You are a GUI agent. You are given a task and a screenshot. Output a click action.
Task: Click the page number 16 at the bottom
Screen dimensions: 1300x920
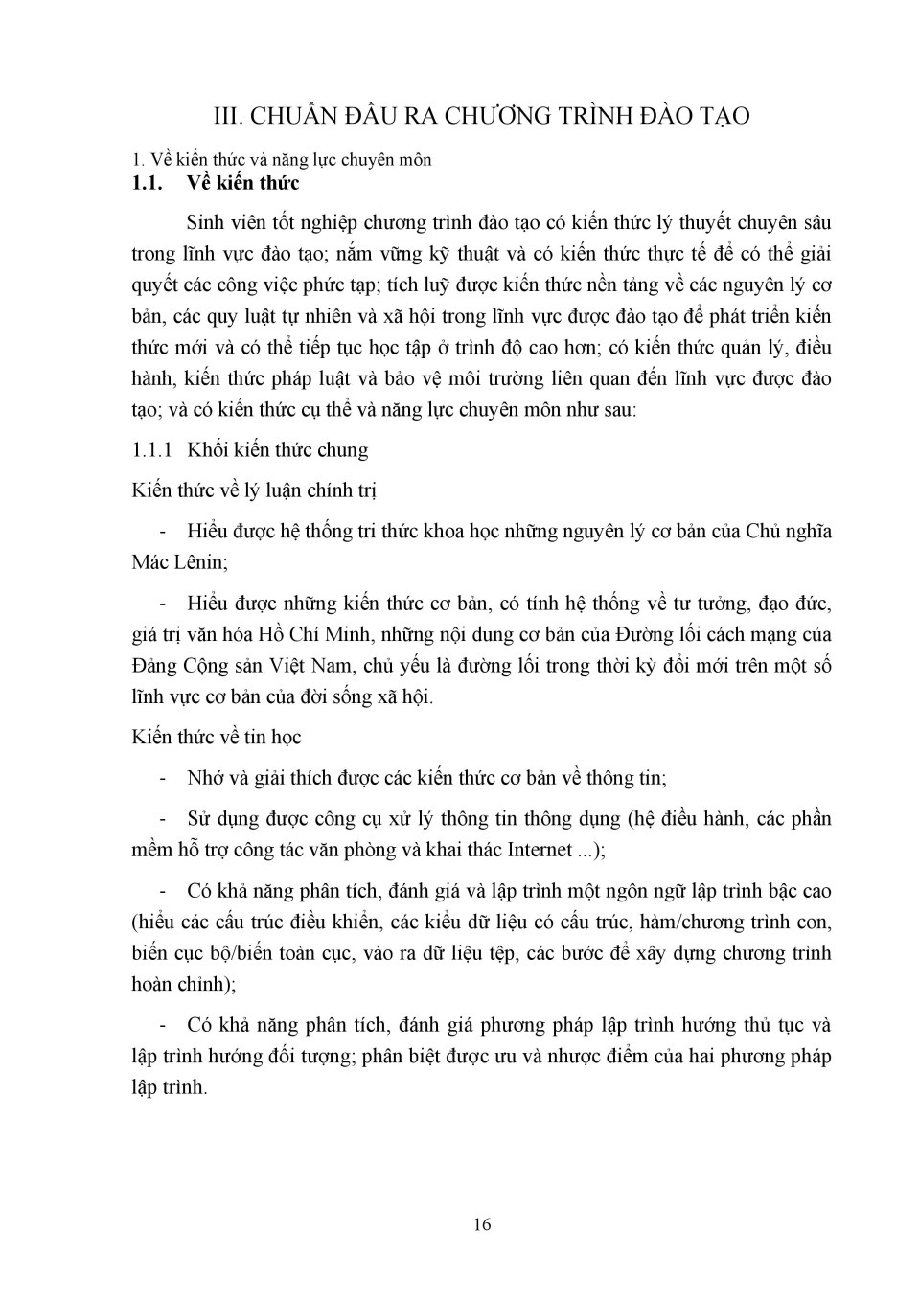pyautogui.click(x=482, y=1224)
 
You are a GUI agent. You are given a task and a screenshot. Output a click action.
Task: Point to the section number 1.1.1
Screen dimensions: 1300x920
pyautogui.click(x=150, y=449)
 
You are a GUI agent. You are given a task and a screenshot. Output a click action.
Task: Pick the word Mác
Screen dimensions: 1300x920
pyautogui.click(x=149, y=562)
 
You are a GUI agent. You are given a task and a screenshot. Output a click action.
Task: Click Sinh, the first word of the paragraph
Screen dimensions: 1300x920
pyautogui.click(x=206, y=222)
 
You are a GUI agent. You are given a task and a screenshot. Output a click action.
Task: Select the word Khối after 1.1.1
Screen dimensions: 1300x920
pyautogui.click(x=208, y=449)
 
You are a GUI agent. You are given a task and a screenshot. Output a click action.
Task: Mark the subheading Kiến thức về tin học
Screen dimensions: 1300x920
pyautogui.click(x=217, y=737)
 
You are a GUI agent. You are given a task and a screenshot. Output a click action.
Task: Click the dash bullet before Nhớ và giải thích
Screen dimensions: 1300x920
pyautogui.click(x=164, y=778)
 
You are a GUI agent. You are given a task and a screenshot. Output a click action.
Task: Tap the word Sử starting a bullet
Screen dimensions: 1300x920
pyautogui.click(x=198, y=819)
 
